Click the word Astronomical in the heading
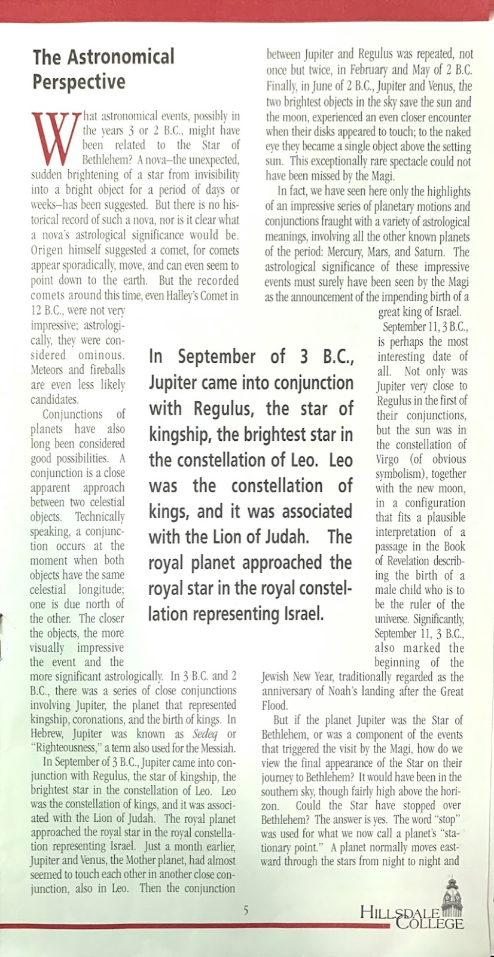pyautogui.click(x=120, y=57)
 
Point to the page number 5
pyautogui.click(x=245, y=911)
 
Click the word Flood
pyautogui.click(x=275, y=706)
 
